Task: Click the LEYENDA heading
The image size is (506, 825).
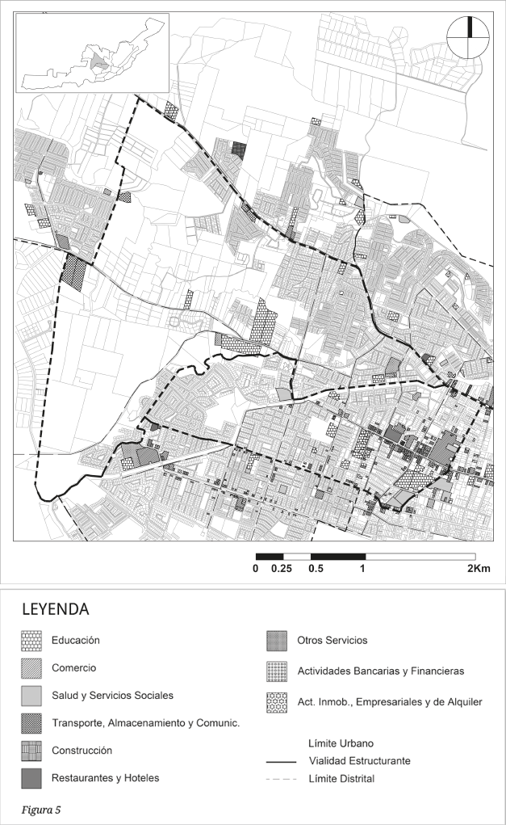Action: click(x=54, y=608)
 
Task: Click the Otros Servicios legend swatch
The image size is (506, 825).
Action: click(x=278, y=641)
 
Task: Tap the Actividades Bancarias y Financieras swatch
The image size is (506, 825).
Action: click(x=278, y=671)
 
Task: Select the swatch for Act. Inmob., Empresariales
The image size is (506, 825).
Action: click(x=278, y=702)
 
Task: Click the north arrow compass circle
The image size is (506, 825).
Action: click(x=467, y=36)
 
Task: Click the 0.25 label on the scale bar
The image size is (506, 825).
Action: click(x=282, y=568)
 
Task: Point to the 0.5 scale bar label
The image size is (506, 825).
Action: click(x=316, y=568)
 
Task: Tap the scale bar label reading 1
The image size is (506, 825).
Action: click(x=363, y=568)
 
